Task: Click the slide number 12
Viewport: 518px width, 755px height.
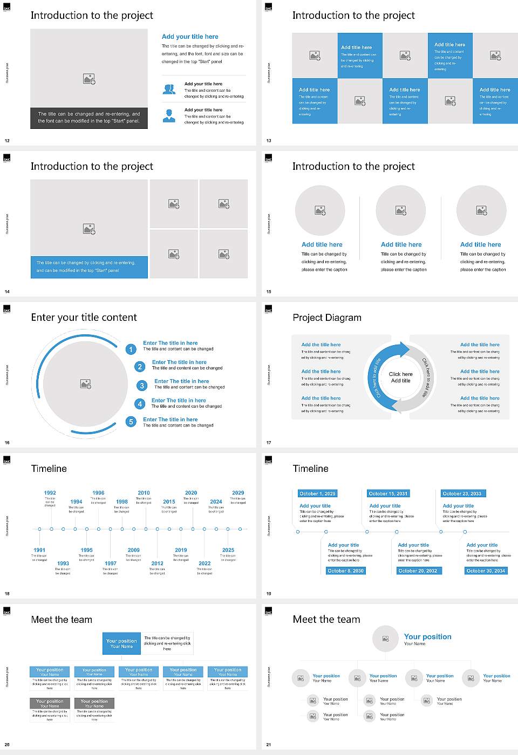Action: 7,141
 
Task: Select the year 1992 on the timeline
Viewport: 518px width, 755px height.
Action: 50,493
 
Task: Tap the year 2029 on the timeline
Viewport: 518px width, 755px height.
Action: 238,493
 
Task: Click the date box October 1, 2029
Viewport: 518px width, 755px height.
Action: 317,493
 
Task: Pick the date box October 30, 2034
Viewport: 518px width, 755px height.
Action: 486,571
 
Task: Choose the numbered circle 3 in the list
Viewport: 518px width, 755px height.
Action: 142,386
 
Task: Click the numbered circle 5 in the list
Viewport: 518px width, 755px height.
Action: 131,422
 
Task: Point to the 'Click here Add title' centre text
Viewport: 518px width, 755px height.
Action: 400,377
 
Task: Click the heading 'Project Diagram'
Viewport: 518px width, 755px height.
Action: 327,318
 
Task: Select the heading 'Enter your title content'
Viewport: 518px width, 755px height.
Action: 84,318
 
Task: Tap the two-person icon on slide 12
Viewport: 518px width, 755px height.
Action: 169,90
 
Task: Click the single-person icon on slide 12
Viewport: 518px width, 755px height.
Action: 169,115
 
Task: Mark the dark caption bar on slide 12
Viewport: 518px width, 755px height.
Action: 89,118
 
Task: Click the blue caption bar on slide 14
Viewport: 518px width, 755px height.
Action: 89,267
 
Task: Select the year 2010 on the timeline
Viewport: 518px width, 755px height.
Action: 144,493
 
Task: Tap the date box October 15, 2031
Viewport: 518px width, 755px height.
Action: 388,493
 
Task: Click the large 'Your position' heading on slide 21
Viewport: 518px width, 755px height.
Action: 427,637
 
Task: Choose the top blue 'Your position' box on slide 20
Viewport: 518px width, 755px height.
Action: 121,643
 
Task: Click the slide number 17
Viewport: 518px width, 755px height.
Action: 269,443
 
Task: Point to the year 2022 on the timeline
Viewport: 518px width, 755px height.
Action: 205,564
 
